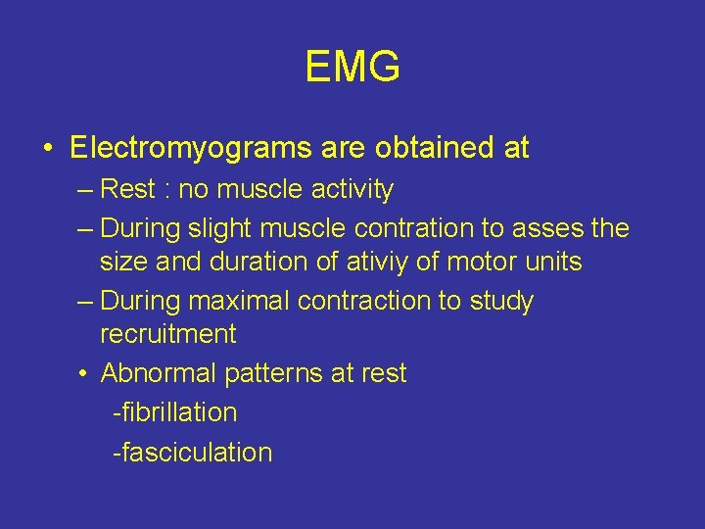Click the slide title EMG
(352, 68)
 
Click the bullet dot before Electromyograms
(48, 149)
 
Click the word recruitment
(167, 334)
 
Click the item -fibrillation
(174, 412)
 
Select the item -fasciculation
(192, 453)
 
